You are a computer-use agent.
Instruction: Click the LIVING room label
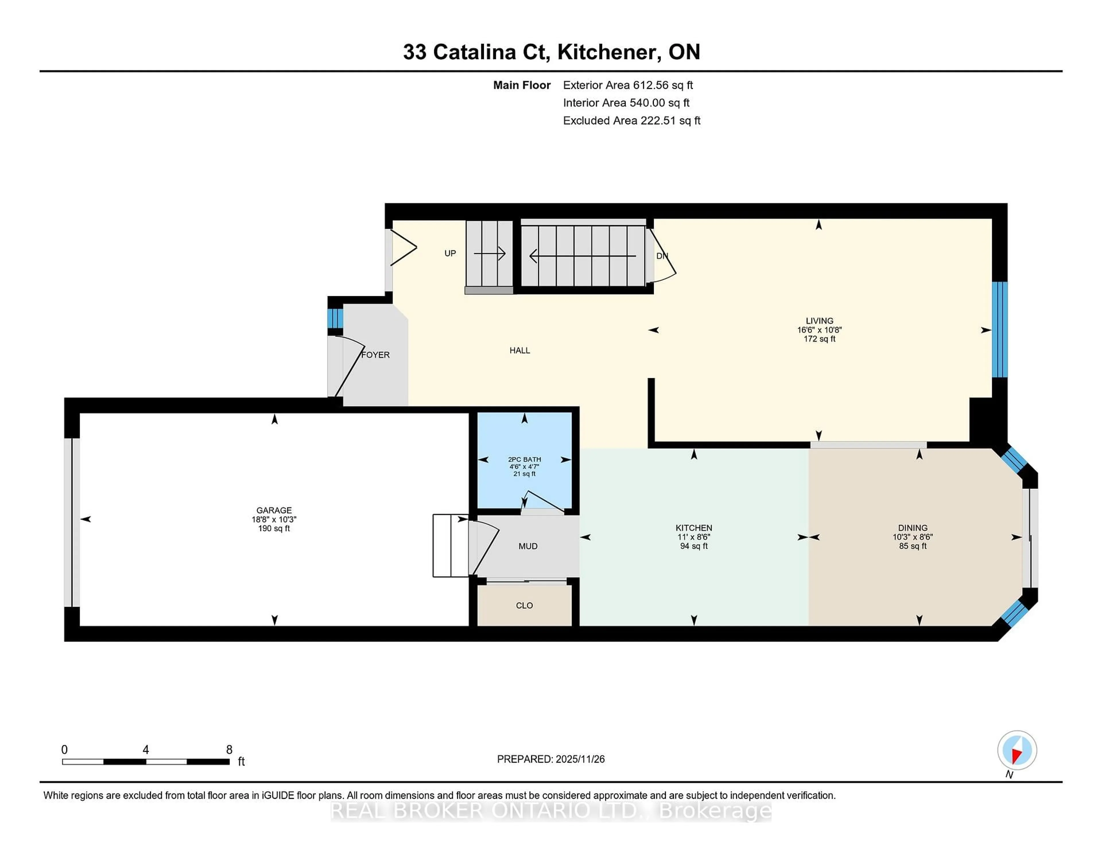819,321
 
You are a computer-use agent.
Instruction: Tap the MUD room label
528,546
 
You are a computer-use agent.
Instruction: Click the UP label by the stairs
450,253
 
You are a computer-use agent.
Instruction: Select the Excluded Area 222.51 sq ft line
631,120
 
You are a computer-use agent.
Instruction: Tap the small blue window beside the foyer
335,318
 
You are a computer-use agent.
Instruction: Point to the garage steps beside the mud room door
451,545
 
